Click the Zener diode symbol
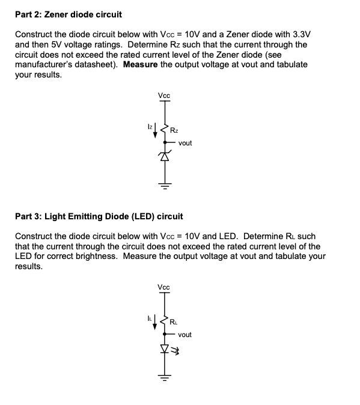coord(164,157)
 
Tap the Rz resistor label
coord(174,130)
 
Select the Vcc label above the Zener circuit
coord(163,95)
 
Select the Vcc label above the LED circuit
coord(163,287)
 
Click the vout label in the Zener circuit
coord(185,143)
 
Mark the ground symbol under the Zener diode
coord(164,183)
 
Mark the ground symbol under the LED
coord(164,376)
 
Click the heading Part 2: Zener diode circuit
coord(68,14)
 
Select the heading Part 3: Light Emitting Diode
coord(99,215)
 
